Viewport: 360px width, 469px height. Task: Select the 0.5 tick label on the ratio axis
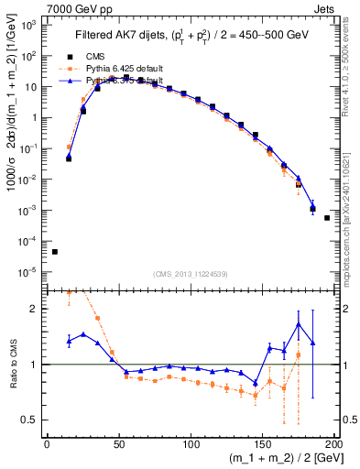33,420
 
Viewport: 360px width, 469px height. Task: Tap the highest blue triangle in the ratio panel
299,324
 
